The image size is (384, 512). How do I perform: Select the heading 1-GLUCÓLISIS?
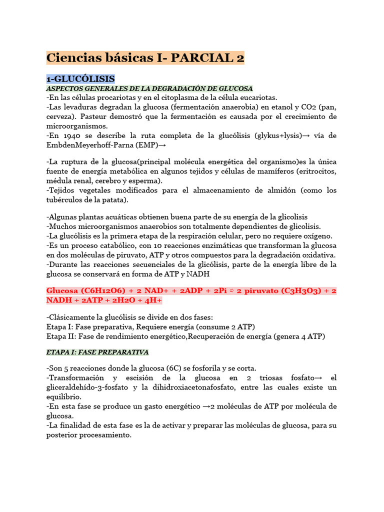(x=80, y=79)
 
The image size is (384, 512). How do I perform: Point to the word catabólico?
(x=107, y=245)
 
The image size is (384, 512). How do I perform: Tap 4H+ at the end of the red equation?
(x=151, y=300)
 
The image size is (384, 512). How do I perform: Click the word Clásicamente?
(x=73, y=317)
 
